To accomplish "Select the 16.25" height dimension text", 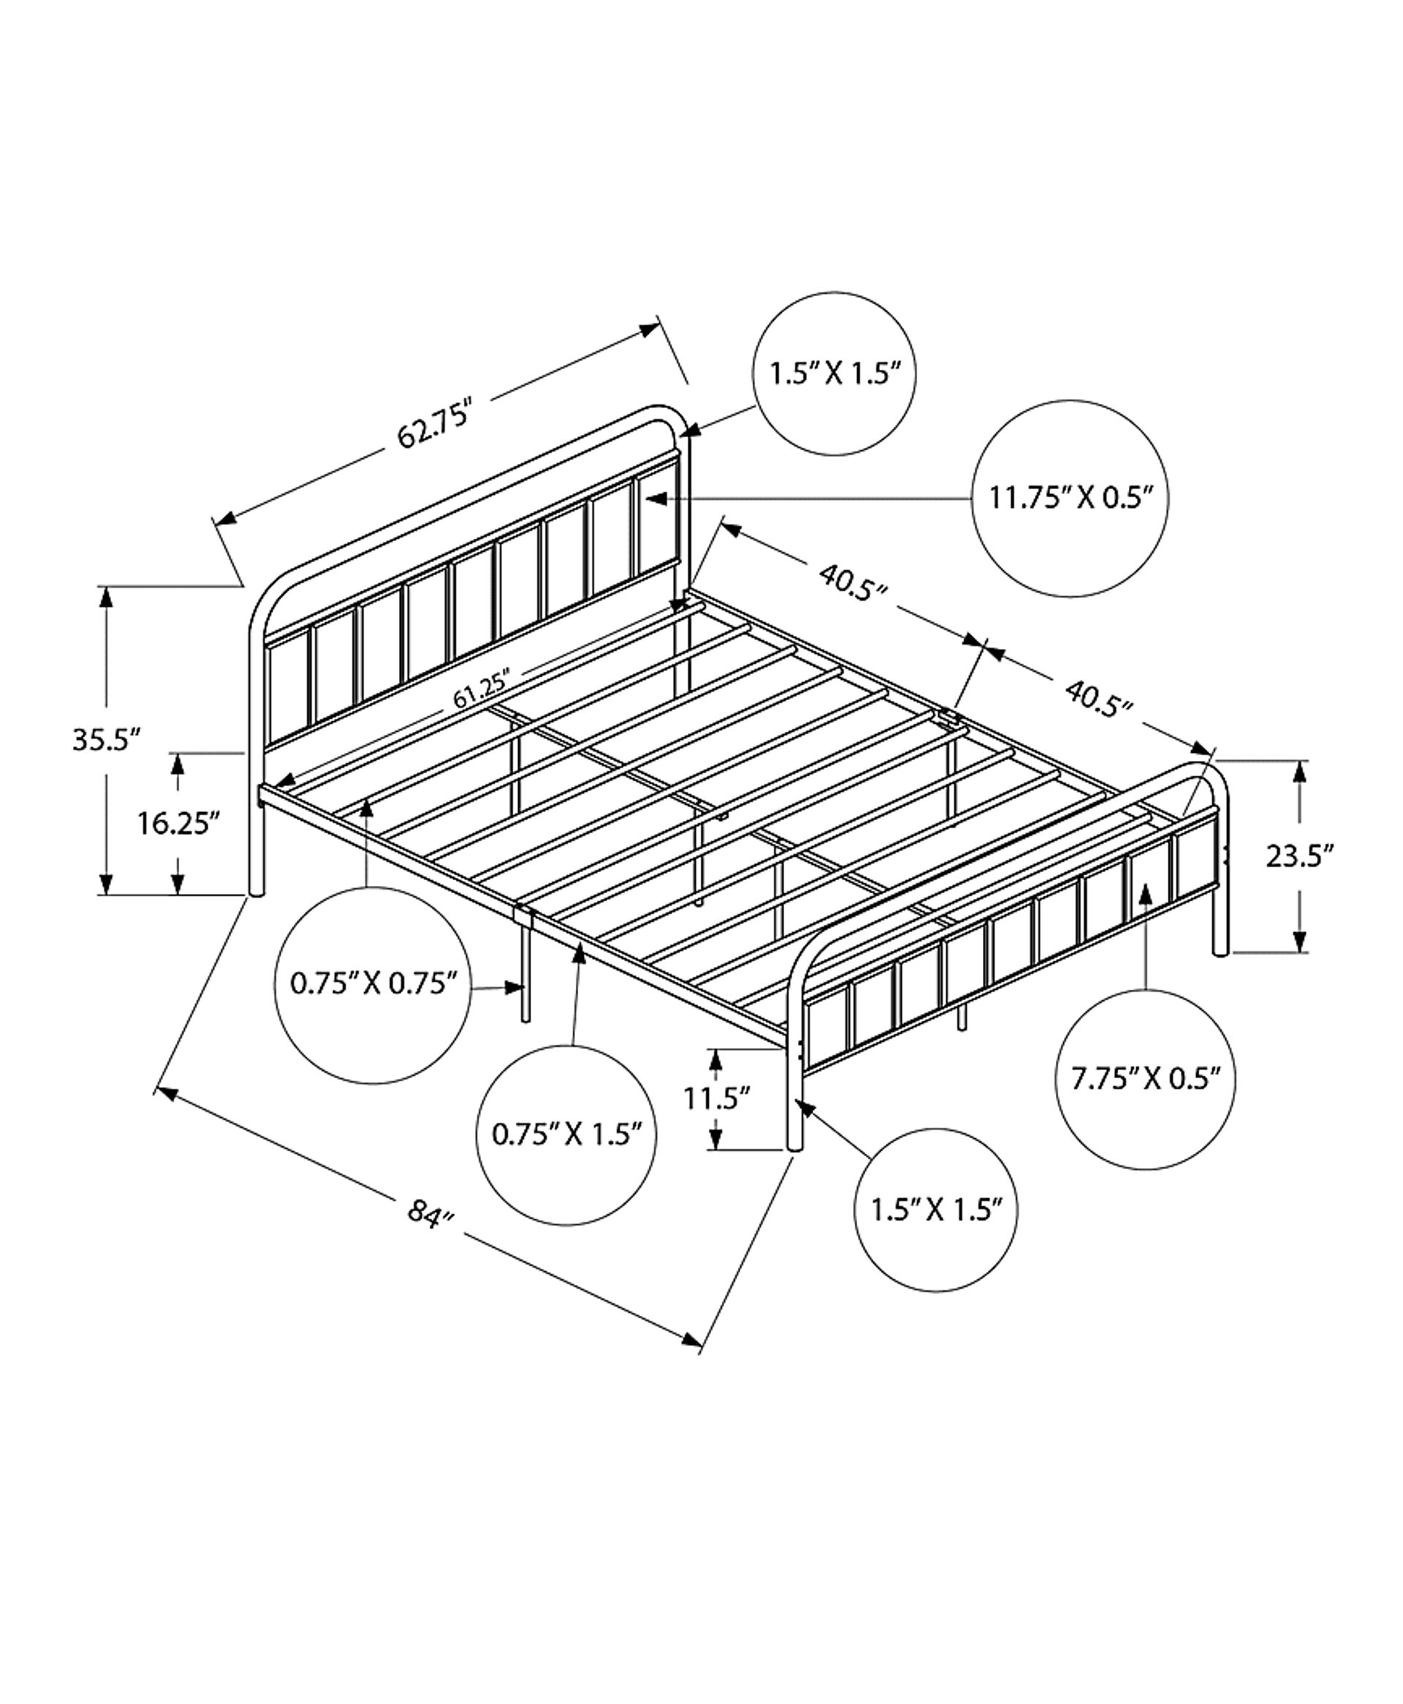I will pyautogui.click(x=178, y=825).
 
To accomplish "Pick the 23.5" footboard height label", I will pyautogui.click(x=1299, y=855).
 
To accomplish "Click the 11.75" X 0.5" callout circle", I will pyautogui.click(x=1070, y=498).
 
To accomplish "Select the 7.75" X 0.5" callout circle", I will pyautogui.click(x=1146, y=1079).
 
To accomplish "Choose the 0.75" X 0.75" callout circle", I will pyautogui.click(x=373, y=985).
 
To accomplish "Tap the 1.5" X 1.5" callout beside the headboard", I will pyautogui.click(x=834, y=374).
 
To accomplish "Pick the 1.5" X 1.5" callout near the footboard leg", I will pyautogui.click(x=936, y=1210).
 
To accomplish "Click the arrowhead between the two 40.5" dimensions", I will pyautogui.click(x=985, y=645).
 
